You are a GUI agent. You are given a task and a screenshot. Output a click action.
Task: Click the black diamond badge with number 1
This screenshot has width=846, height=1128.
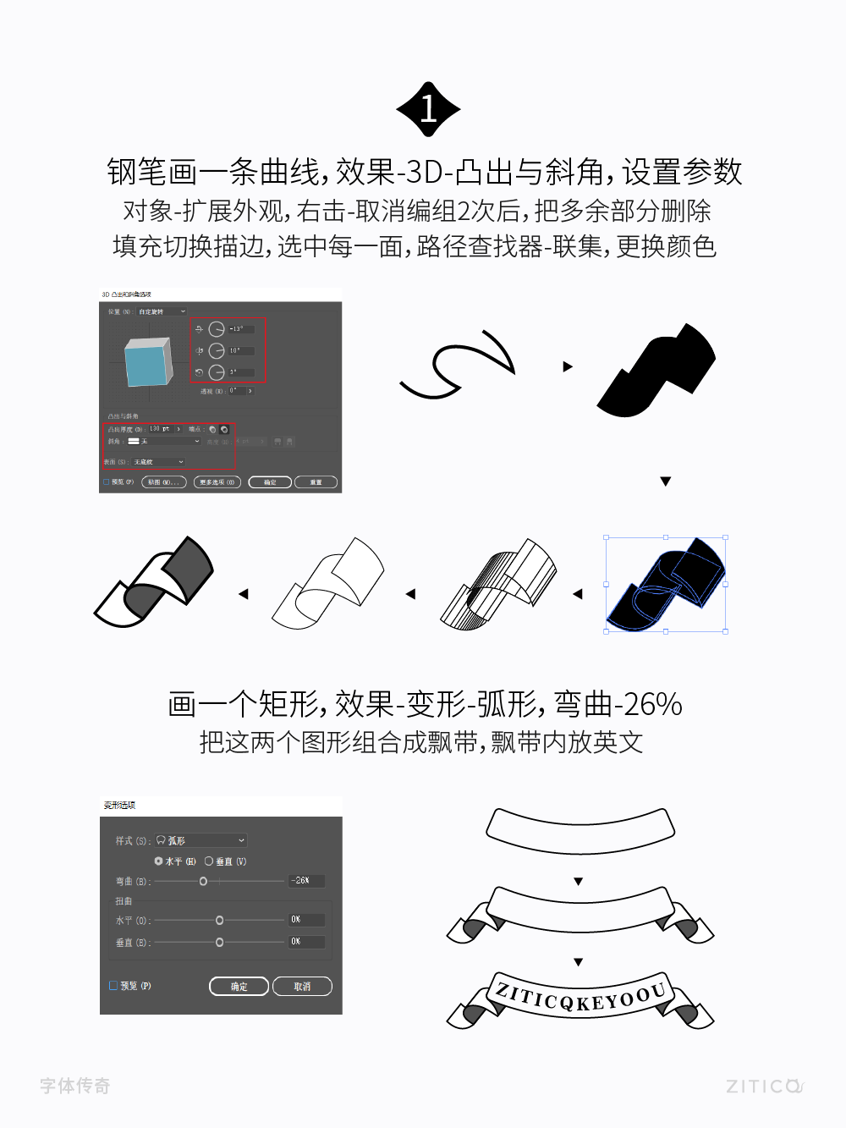click(x=428, y=109)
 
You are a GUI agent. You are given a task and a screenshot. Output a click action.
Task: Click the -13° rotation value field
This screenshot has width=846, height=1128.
click(x=239, y=329)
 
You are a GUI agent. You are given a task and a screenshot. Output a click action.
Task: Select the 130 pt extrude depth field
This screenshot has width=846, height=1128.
click(x=160, y=429)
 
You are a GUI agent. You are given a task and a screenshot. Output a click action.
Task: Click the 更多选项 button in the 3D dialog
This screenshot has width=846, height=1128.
click(x=217, y=482)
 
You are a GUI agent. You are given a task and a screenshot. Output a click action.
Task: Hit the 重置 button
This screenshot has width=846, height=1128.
click(x=316, y=482)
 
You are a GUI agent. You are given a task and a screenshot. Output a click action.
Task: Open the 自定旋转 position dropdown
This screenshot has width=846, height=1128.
click(x=162, y=311)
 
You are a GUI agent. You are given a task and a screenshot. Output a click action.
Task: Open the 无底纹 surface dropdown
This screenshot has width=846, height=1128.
click(x=158, y=462)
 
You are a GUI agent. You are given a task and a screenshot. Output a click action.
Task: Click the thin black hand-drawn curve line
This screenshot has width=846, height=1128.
click(x=457, y=365)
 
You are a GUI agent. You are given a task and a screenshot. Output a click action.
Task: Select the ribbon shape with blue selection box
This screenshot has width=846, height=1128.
click(x=666, y=584)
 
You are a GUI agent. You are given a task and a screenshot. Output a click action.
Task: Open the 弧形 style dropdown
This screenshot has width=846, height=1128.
click(x=201, y=840)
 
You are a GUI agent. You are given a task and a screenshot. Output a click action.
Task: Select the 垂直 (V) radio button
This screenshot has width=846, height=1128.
click(x=209, y=861)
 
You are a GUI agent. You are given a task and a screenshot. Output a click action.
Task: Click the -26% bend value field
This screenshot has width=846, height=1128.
click(x=305, y=881)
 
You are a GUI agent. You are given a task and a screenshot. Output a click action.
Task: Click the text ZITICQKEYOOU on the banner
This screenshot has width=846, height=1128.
click(x=580, y=999)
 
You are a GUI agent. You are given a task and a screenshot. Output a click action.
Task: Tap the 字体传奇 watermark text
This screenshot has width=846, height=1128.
click(x=75, y=1086)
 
